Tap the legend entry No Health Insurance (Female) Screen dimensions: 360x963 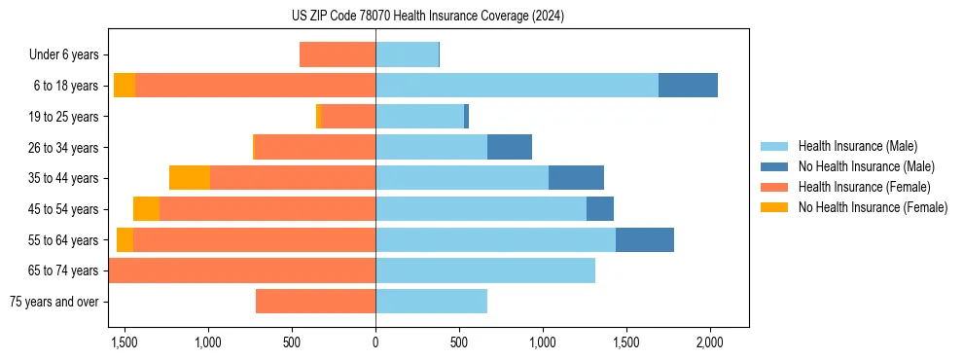point(872,207)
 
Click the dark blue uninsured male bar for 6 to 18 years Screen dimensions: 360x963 point(688,86)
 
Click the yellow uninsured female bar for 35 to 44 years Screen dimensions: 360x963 point(190,178)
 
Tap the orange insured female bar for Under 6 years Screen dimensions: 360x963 point(338,55)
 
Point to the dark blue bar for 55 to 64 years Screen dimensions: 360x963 point(644,240)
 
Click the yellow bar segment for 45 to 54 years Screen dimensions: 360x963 point(146,209)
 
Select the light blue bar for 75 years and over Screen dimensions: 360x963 point(431,302)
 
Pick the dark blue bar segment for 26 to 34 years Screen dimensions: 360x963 point(510,148)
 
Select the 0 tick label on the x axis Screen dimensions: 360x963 point(375,343)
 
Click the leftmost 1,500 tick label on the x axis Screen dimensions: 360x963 point(125,343)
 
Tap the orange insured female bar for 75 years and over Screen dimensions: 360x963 point(315,302)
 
